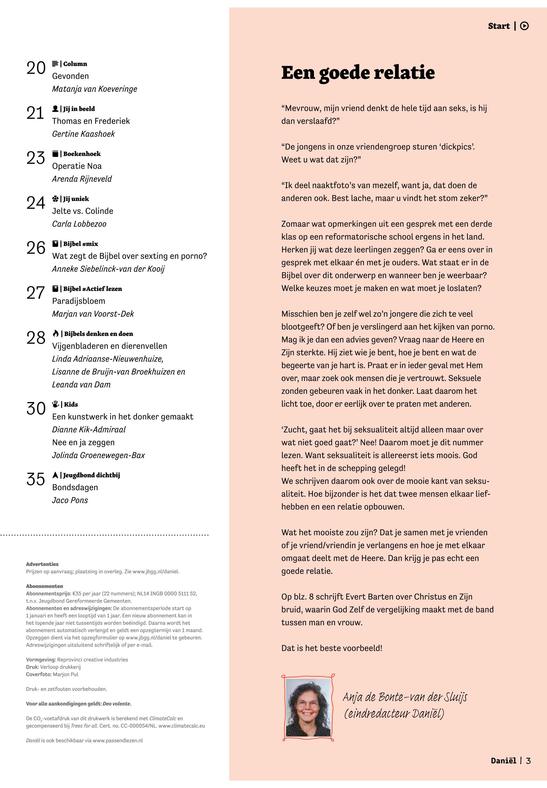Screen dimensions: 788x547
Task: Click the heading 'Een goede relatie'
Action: (358, 73)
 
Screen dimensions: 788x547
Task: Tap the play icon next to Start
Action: (524, 26)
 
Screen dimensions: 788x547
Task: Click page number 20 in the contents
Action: (36, 68)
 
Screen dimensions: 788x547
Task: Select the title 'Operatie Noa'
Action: (77, 166)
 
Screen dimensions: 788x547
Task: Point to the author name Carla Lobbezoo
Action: (79, 224)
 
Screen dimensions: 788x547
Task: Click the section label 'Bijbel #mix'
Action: (81, 244)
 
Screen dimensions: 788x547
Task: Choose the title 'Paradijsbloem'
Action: (79, 301)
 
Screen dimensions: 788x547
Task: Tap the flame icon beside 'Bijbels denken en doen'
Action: (55, 334)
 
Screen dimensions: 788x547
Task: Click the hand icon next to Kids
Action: (55, 404)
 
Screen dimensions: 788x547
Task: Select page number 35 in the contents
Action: (36, 479)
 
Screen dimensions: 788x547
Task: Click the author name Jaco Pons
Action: (70, 500)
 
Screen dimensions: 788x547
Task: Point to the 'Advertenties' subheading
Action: (42, 564)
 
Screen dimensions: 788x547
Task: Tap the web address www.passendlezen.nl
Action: (118, 740)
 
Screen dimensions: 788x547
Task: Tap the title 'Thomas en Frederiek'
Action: (91, 121)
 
